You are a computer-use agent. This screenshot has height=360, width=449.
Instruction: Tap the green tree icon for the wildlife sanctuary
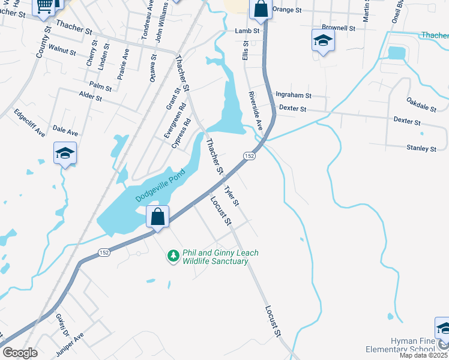tap(173, 256)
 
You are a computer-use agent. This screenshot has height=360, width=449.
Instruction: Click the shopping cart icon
tap(44, 6)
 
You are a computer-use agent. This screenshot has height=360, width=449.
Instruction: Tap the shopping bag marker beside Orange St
tap(261, 8)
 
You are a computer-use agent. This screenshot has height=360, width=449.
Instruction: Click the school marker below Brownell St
tap(323, 41)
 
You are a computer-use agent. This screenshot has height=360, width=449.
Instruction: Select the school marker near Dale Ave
tap(65, 152)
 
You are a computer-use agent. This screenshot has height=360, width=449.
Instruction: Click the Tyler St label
tap(231, 196)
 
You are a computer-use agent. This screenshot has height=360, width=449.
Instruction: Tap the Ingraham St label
tap(293, 95)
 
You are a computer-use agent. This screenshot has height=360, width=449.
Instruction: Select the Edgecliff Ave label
tap(29, 122)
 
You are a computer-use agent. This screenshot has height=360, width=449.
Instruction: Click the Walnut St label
tap(62, 49)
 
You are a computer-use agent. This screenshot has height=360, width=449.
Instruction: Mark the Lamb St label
tap(247, 30)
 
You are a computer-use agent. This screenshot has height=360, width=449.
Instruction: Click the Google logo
tap(20, 353)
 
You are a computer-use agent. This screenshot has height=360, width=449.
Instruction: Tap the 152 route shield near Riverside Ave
tap(250, 156)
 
